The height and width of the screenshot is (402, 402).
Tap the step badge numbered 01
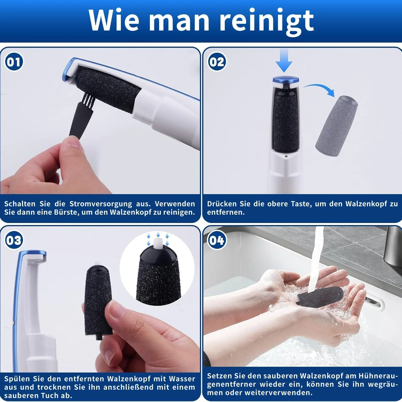coord(14,62)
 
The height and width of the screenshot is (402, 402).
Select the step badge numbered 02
coord(217,62)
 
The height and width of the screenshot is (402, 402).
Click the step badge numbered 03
coord(14,240)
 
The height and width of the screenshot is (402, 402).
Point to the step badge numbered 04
coord(217,240)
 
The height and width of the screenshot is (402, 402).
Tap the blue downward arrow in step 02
coord(284,60)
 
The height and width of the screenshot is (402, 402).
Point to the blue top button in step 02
coord(286,79)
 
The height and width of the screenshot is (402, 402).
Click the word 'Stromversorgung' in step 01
coord(100,204)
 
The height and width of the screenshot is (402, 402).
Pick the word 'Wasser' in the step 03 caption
coord(182,379)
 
